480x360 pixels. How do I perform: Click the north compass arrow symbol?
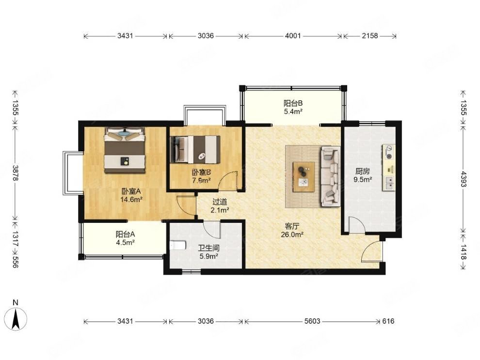[x=16, y=319]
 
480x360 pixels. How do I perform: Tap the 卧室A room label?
[x=131, y=191]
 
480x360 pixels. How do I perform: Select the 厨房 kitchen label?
[x=363, y=172]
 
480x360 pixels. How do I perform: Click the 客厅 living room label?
[x=292, y=226]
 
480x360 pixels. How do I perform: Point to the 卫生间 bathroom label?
[x=208, y=248]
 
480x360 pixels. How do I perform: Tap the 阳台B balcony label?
[x=293, y=103]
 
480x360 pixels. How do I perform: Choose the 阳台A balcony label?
[x=125, y=235]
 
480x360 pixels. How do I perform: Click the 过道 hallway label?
[x=220, y=202]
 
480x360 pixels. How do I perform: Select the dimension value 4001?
[x=293, y=36]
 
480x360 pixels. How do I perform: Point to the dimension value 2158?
[x=370, y=36]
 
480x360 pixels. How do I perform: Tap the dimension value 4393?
[x=463, y=179]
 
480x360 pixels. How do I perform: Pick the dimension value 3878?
[x=16, y=173]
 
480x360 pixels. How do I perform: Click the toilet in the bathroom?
[x=178, y=246]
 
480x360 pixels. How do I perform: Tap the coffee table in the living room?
[x=304, y=177]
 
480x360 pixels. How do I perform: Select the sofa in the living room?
[x=330, y=176]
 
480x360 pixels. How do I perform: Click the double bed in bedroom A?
[x=125, y=150]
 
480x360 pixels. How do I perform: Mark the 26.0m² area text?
[x=292, y=235]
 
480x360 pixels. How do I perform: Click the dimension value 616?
[x=388, y=321]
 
